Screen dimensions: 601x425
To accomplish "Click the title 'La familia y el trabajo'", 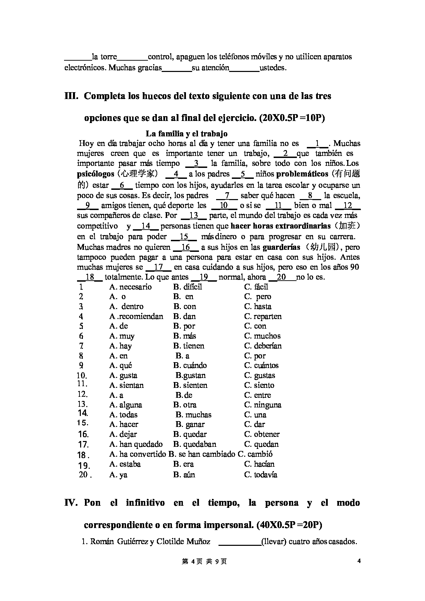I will (187, 134).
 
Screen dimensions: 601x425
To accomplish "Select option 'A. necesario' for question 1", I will (130, 287).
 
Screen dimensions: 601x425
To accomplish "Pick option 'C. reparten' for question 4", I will (263, 316).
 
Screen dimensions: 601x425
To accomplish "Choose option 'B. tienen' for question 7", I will (189, 346).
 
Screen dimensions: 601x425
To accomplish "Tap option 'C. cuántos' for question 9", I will (262, 365).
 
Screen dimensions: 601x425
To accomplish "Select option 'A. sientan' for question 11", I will (127, 385).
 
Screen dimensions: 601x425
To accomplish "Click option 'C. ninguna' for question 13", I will (263, 405).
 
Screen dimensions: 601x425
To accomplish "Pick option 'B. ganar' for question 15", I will (190, 424).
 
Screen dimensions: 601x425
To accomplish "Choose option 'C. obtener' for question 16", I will (262, 434).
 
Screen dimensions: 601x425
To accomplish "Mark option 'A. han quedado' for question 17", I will (136, 444).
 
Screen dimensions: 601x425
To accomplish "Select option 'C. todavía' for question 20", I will (261, 475).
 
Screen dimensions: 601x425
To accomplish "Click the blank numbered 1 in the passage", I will (317, 144).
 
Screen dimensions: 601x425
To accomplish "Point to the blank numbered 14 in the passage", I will (146, 226).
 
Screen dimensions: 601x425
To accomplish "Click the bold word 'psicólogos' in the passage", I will (96, 174).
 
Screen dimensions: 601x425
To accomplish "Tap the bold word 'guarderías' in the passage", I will (281, 247).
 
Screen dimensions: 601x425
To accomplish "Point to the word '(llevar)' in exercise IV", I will (274, 542).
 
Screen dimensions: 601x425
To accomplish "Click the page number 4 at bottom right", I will (359, 561).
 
